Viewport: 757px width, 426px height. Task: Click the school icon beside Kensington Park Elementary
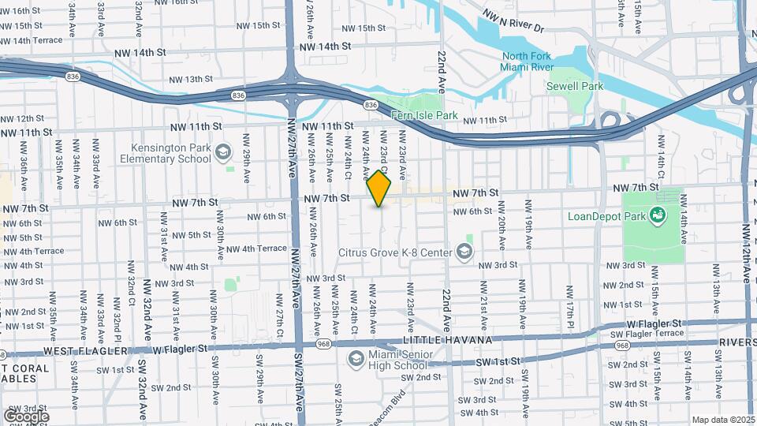click(223, 151)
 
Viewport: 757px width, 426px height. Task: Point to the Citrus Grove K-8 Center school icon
click(464, 252)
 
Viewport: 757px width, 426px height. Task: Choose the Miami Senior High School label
click(398, 360)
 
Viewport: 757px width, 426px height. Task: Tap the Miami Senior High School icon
click(355, 358)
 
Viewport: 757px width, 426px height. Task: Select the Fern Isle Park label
click(425, 115)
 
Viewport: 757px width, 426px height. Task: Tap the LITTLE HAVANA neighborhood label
click(446, 340)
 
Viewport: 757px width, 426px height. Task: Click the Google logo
click(26, 416)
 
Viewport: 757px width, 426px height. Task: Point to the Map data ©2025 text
click(723, 420)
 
